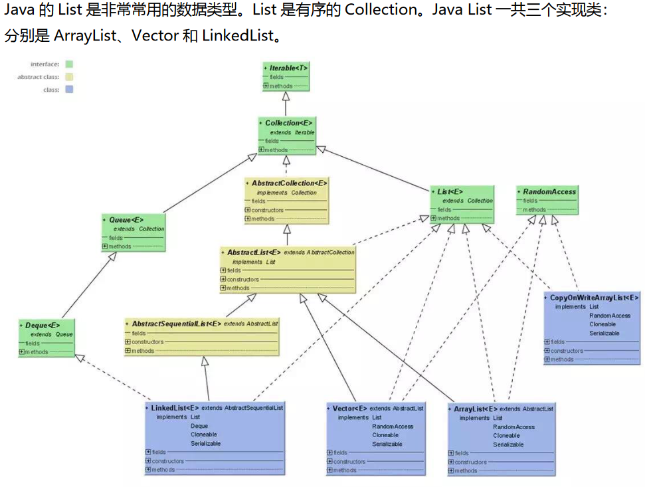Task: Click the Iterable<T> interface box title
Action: (x=288, y=68)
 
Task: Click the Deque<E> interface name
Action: (x=42, y=326)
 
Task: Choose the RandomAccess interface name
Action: (x=549, y=191)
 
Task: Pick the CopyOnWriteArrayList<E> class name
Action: (x=594, y=298)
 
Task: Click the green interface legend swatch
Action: (x=69, y=64)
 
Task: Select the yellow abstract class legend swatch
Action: (x=69, y=77)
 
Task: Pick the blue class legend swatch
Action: (x=69, y=90)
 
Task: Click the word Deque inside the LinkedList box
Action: (x=199, y=426)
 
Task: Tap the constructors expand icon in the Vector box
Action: (x=329, y=461)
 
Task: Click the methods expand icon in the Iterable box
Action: (x=266, y=86)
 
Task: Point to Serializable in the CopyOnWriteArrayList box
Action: (x=604, y=333)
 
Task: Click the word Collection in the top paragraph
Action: (x=380, y=11)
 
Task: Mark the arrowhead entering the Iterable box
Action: (x=286, y=95)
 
